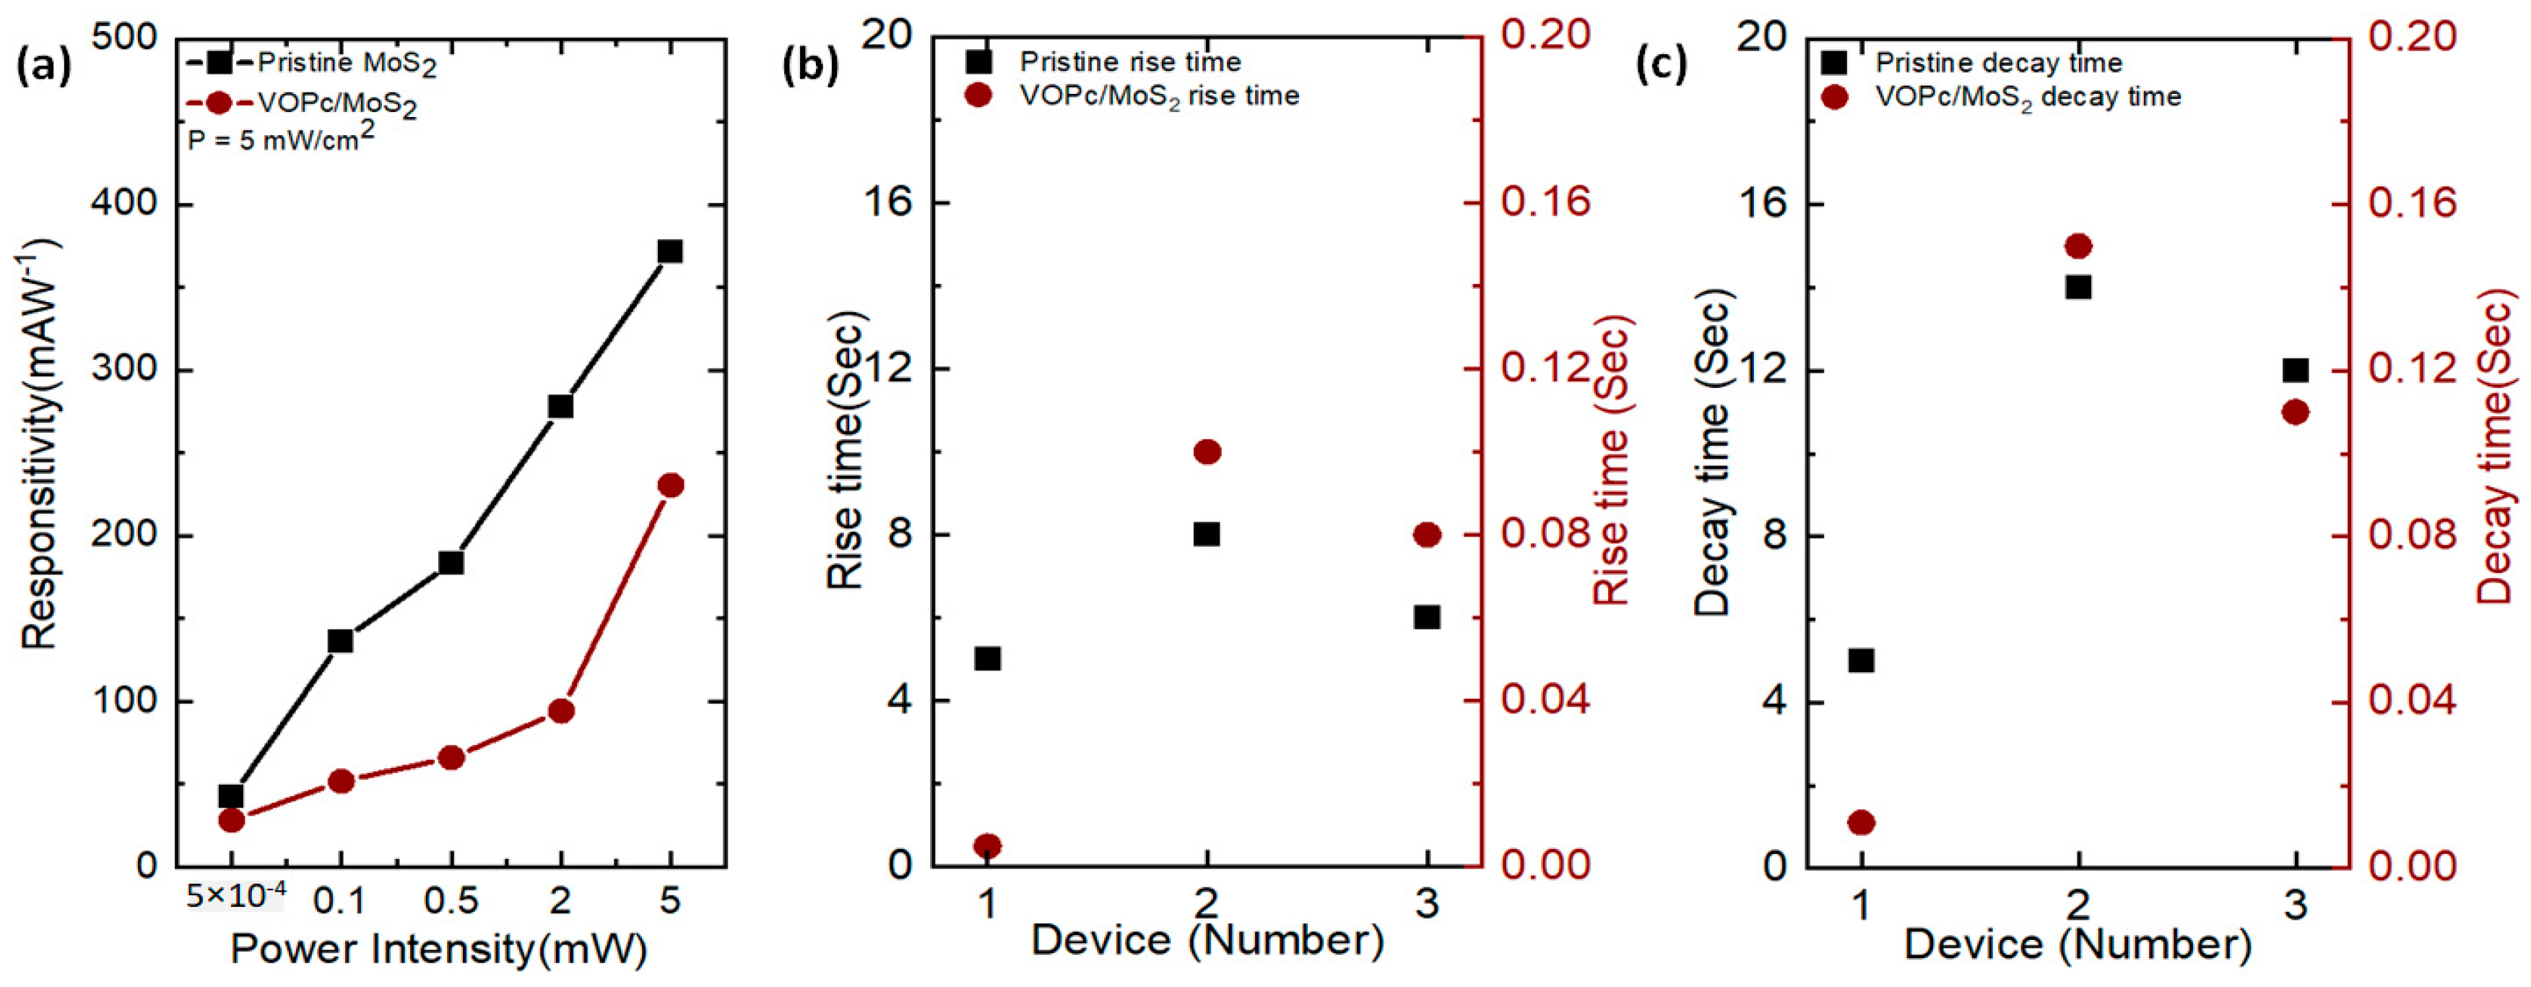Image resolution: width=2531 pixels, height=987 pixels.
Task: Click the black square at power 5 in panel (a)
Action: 670,251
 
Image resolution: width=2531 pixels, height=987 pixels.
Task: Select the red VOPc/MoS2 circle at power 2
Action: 561,711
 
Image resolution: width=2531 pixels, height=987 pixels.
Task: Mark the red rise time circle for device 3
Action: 1428,535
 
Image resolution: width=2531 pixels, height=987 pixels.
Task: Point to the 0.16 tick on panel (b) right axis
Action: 1545,202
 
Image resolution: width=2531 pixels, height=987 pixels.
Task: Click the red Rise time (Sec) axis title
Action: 1611,459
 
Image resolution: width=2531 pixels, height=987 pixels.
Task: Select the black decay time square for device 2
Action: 2078,287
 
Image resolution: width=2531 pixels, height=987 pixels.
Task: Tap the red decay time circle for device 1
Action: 1861,822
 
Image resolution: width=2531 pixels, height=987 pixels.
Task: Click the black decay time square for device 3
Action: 2295,371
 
